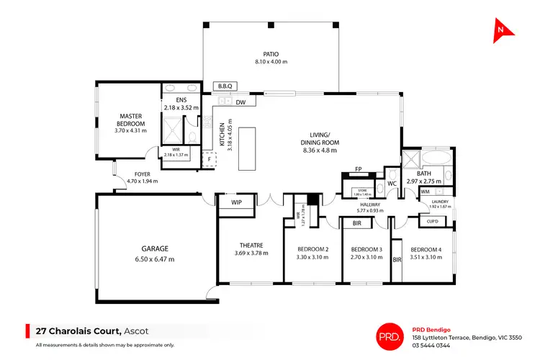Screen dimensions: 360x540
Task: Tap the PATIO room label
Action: point(266,53)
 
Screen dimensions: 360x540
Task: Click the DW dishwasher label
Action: point(240,102)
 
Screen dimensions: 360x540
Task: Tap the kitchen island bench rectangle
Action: point(248,149)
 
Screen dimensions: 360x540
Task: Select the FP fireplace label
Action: point(358,171)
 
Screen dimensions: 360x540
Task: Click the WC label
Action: point(392,184)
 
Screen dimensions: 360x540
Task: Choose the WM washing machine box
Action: point(425,192)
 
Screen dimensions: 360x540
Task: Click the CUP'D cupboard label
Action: point(433,221)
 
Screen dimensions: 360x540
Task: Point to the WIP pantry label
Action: point(236,203)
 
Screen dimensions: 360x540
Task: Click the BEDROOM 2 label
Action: point(312,250)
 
